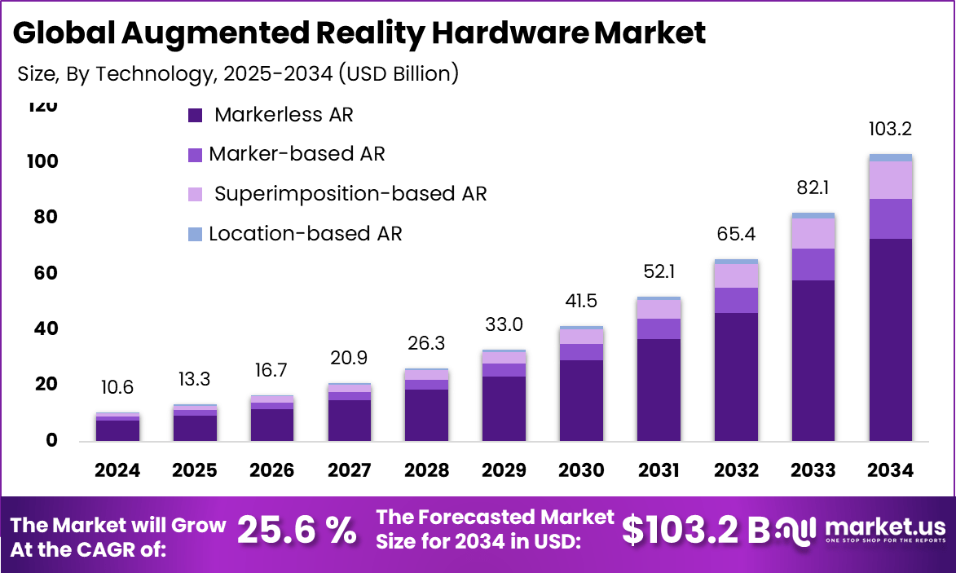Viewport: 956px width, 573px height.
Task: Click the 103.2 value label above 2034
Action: click(890, 129)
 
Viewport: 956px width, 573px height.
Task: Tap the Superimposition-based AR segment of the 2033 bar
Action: click(813, 233)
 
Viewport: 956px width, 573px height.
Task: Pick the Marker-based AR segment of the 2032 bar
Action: click(736, 300)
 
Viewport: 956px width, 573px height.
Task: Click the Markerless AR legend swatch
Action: click(195, 116)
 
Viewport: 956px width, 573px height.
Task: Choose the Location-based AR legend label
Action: click(306, 234)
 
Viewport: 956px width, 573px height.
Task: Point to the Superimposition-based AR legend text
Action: click(350, 194)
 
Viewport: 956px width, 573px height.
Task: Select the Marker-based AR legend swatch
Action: click(195, 155)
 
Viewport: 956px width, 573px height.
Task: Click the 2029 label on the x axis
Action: click(504, 470)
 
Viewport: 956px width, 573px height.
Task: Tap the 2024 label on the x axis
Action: click(117, 470)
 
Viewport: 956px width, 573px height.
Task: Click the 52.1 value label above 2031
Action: click(659, 271)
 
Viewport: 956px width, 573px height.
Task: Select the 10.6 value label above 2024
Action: click(117, 387)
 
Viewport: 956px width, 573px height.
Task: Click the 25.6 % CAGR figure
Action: click(297, 531)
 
